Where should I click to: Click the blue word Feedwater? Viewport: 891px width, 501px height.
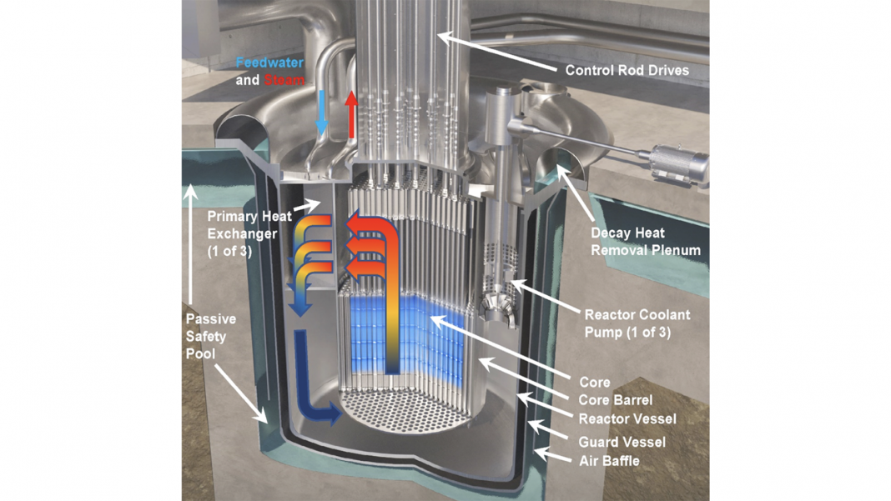point(269,63)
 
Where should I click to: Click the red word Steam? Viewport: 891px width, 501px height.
point(284,81)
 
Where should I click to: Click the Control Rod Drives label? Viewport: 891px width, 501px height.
point(627,70)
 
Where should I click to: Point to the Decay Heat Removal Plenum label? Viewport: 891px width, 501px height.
point(645,241)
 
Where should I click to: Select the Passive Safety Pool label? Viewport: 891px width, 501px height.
point(210,336)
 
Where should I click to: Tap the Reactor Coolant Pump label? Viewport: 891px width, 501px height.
point(639,323)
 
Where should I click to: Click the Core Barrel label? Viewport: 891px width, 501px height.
point(616,401)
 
